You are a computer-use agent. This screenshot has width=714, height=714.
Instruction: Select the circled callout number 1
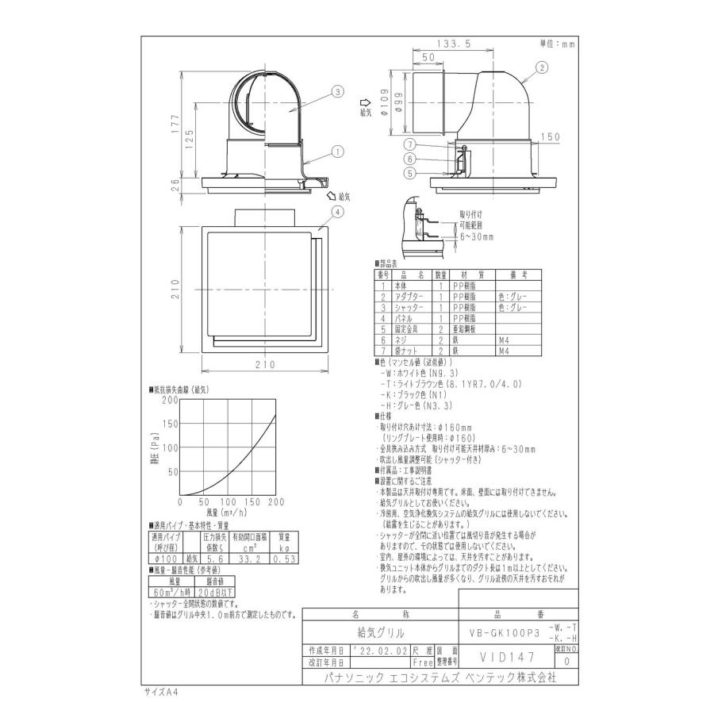[337, 149]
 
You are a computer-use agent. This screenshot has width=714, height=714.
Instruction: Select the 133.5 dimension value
[457, 44]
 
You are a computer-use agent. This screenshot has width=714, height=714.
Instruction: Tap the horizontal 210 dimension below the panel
[264, 364]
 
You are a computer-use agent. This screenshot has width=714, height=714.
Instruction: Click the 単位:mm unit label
[557, 44]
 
